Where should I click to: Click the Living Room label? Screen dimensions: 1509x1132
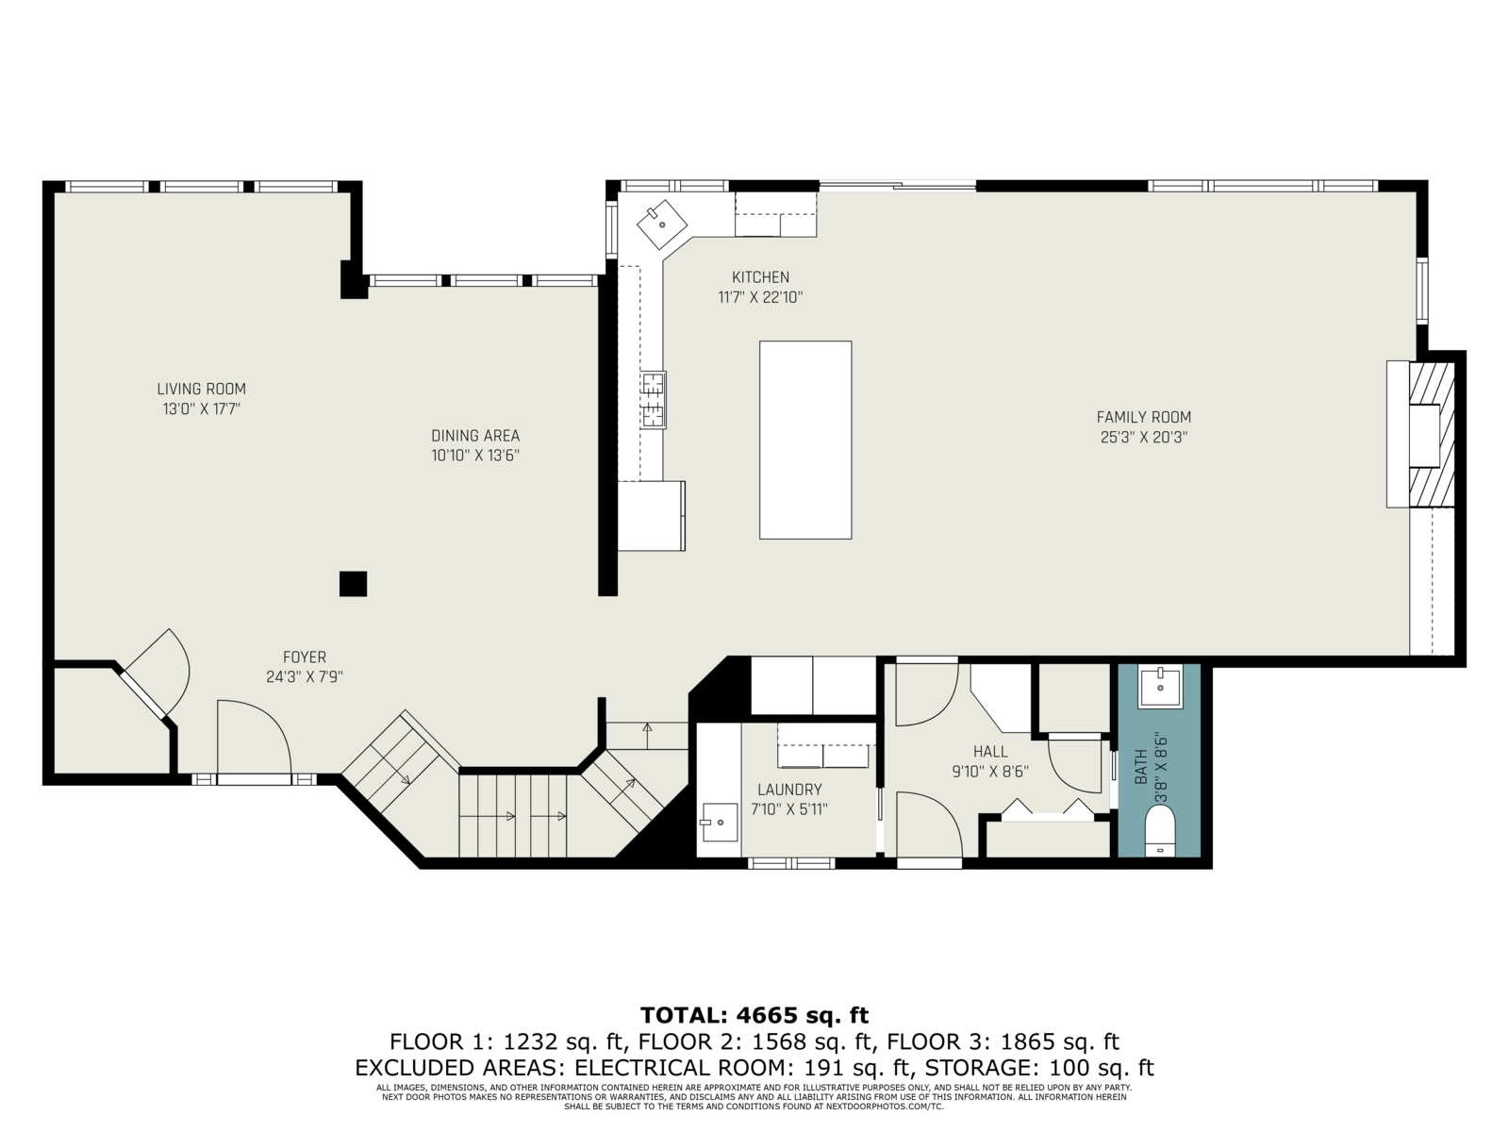[202, 389]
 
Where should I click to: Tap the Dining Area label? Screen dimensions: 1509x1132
[475, 436]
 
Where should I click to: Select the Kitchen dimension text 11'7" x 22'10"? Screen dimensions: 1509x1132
[760, 297]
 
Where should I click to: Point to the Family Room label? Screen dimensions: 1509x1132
[1144, 417]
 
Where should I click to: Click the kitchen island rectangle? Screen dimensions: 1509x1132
[805, 440]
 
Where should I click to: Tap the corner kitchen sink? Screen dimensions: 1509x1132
[662, 225]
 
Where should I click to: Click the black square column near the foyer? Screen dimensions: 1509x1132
[353, 584]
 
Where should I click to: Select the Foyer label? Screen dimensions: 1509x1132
[305, 658]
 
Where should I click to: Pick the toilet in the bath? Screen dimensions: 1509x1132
[1160, 830]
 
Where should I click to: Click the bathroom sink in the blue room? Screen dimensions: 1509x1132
[1160, 687]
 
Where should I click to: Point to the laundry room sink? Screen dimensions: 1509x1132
[719, 822]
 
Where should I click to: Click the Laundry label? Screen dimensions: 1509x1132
[789, 790]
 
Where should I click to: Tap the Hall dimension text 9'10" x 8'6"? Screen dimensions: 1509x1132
[990, 771]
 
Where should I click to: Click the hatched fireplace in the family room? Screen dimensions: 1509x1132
[1432, 434]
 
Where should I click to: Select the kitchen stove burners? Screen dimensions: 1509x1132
[653, 400]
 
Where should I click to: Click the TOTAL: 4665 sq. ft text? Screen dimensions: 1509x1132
[754, 1014]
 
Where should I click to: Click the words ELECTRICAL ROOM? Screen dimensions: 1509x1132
[680, 1068]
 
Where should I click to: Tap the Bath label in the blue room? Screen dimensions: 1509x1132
[1141, 767]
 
